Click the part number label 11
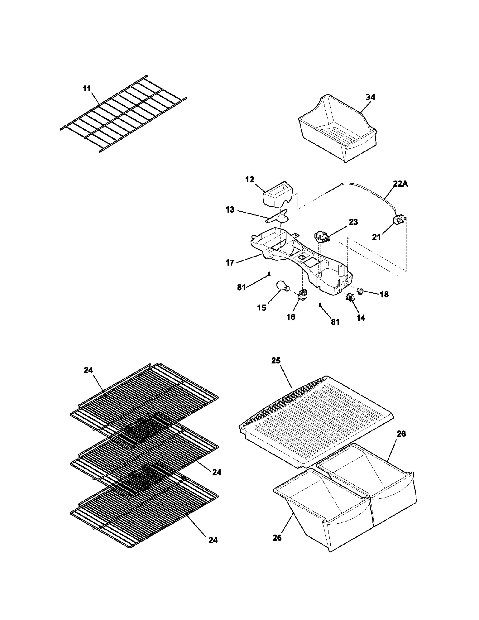click(x=87, y=89)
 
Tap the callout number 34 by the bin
click(x=370, y=97)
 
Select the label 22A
click(x=400, y=184)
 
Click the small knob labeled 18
click(x=360, y=290)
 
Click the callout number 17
click(x=230, y=263)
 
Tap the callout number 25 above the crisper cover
click(x=276, y=360)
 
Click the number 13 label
click(x=230, y=210)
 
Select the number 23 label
click(x=353, y=222)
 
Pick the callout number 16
click(x=291, y=317)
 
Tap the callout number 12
click(x=249, y=179)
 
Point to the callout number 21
click(x=376, y=237)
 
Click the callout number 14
click(x=361, y=318)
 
